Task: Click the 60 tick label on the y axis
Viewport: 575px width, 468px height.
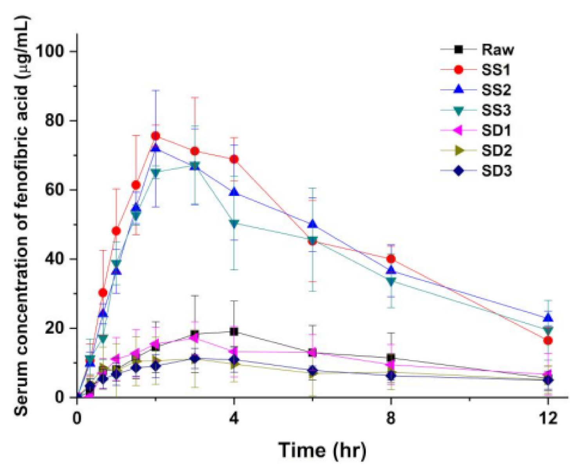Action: click(59, 190)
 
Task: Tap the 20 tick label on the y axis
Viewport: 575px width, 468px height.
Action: click(59, 328)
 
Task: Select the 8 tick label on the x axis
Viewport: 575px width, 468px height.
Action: click(391, 419)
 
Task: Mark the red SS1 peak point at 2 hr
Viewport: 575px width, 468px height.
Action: click(155, 136)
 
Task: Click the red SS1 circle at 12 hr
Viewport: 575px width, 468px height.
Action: click(548, 341)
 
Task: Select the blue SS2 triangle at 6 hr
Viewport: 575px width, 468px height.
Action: click(312, 224)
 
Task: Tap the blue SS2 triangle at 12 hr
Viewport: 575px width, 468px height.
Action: click(548, 317)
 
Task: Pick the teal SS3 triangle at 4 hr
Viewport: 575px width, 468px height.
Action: click(234, 224)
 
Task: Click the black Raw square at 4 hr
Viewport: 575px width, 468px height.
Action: click(234, 332)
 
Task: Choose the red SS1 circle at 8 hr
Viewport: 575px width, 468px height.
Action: click(391, 259)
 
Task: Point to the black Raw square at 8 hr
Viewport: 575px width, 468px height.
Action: click(391, 357)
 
